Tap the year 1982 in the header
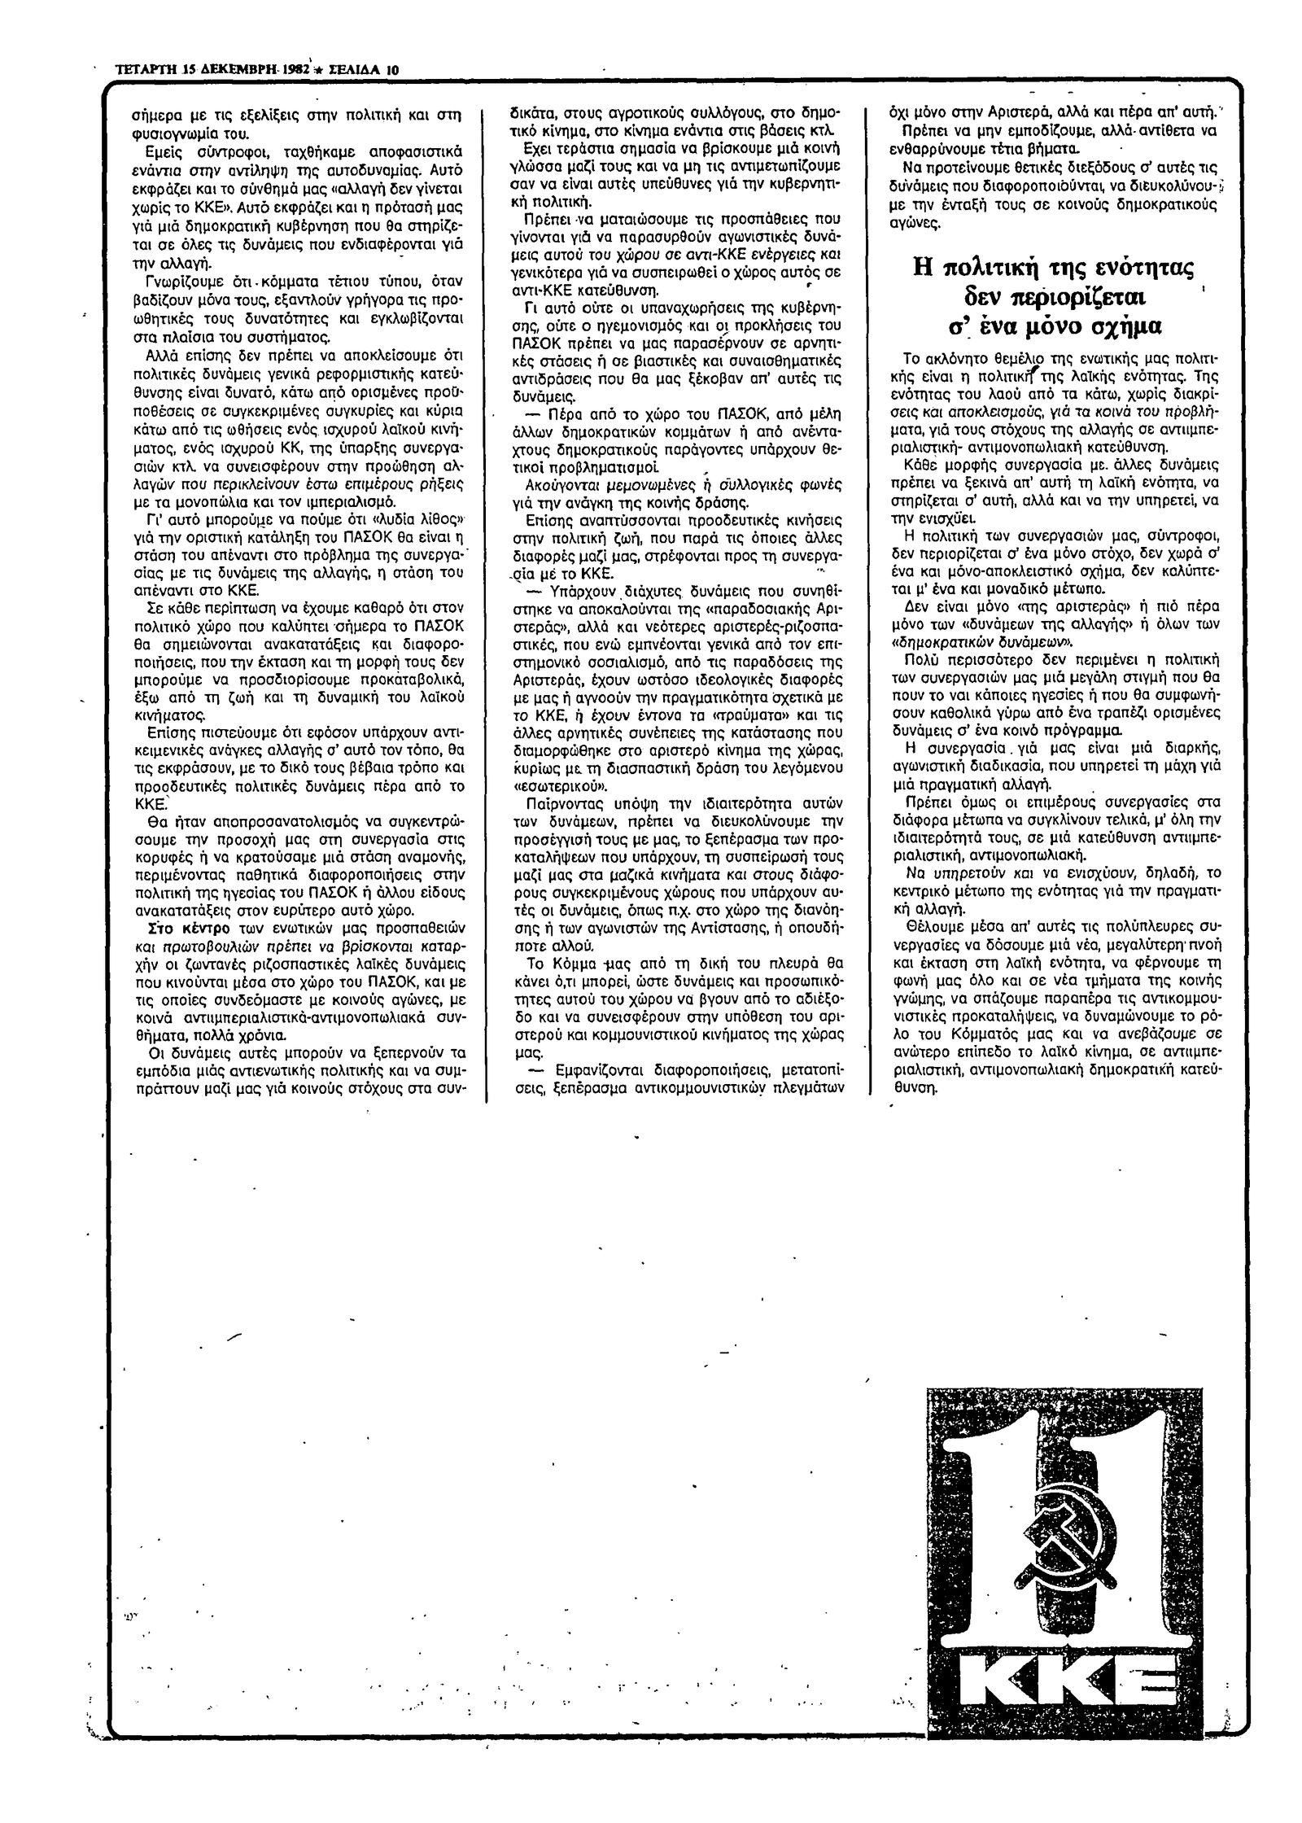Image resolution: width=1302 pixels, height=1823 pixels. click(x=293, y=69)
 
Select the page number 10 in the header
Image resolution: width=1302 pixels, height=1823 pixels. click(x=391, y=69)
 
